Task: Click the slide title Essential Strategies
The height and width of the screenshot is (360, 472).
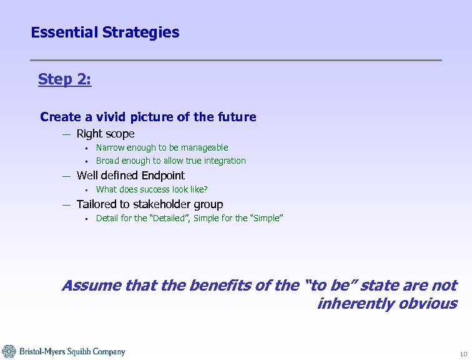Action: point(105,32)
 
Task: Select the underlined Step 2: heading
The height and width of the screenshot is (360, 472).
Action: point(64,79)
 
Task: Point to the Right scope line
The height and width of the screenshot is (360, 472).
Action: point(105,134)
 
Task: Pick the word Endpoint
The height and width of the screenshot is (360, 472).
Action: point(163,176)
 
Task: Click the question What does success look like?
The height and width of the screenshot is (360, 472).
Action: point(152,189)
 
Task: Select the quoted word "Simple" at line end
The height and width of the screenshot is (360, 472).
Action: point(264,218)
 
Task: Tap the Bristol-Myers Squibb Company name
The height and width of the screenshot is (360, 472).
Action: point(72,352)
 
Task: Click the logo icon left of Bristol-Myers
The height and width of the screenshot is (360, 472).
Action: point(9,351)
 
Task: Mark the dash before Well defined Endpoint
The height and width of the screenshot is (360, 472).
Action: point(66,176)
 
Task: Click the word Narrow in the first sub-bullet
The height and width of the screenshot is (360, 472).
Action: point(109,147)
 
